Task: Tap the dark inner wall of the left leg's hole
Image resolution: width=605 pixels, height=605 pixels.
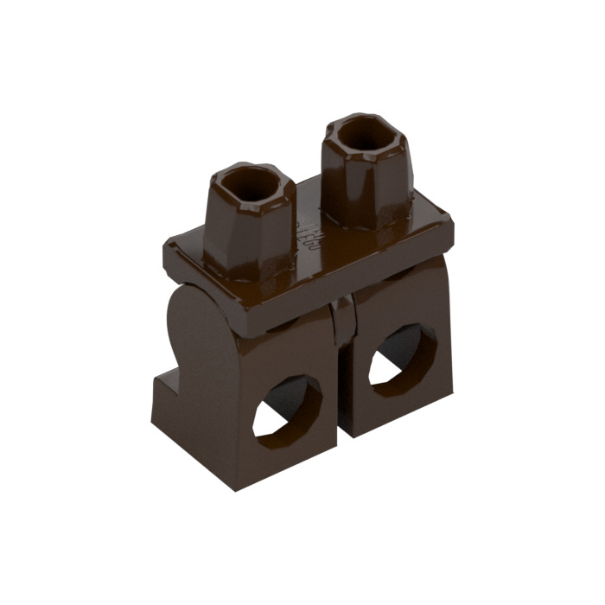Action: [x=294, y=402]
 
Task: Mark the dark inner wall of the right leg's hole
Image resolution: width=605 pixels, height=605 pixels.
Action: [x=406, y=350]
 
